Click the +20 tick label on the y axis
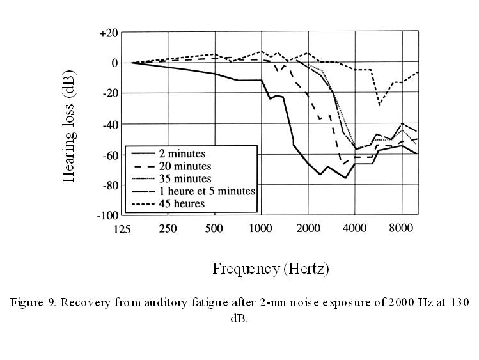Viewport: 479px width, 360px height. coord(108,33)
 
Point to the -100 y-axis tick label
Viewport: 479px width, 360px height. coord(107,215)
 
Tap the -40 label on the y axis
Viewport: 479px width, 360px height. coord(108,123)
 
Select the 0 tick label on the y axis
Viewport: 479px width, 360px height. coord(114,63)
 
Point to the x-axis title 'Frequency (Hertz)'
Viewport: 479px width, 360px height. coord(271,269)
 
